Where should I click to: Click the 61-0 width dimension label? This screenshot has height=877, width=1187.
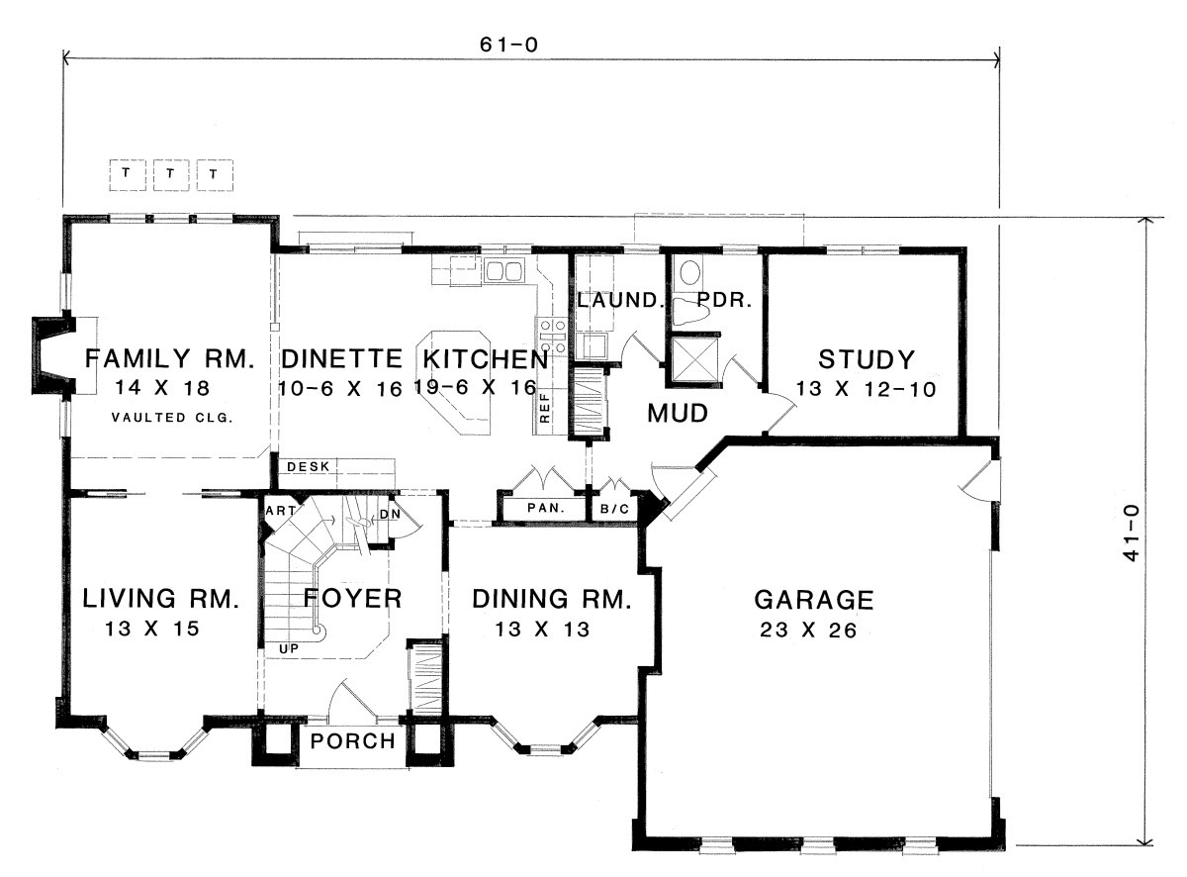point(508,45)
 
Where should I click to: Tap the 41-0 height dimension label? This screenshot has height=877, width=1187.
point(1131,533)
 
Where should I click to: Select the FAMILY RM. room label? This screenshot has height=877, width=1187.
point(170,358)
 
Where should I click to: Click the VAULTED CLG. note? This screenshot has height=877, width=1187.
point(172,418)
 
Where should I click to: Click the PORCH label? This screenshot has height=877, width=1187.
point(353,741)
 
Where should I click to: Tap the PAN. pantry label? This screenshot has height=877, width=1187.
point(546,508)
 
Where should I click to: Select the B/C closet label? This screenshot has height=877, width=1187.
point(614,509)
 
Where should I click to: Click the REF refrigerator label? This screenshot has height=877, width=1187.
point(545,408)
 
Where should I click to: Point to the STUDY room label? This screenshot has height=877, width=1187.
point(867,359)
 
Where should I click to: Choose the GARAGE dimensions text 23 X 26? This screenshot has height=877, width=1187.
point(808,630)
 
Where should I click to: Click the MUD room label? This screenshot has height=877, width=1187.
point(678,413)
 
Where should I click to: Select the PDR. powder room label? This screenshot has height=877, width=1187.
point(724,300)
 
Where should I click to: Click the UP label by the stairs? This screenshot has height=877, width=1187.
point(289,648)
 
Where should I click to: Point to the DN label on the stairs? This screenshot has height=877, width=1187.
point(390,514)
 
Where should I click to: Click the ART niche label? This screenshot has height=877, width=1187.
point(280,511)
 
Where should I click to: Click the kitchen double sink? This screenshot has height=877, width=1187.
point(504,270)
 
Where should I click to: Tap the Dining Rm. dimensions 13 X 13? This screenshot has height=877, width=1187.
point(542,629)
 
